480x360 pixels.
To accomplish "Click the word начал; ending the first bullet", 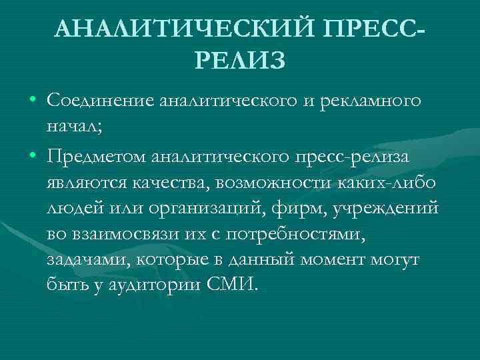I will [x=74, y=127].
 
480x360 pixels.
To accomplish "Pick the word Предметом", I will [x=96, y=155].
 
